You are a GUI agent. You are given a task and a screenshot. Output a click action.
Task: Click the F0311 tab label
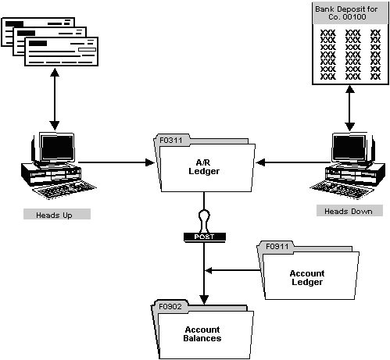[x=171, y=141]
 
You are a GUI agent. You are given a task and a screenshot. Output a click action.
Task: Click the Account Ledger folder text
[x=306, y=278]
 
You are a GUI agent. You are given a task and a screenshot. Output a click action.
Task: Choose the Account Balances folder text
[x=202, y=333]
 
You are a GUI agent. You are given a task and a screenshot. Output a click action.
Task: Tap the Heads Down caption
[x=349, y=211]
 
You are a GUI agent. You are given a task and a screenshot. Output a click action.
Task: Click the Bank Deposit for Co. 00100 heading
[x=349, y=16]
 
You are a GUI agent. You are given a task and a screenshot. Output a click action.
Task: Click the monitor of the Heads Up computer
[x=57, y=151]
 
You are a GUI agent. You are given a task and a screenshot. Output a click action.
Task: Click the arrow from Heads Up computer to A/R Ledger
[x=117, y=163]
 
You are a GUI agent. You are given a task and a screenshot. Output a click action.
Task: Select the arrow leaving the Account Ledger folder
[x=231, y=271]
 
